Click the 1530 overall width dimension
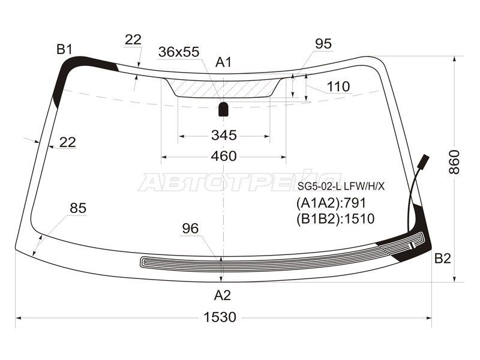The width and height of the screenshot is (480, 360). [220, 317]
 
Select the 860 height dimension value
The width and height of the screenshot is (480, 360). [454, 162]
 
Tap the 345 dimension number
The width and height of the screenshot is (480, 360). [224, 135]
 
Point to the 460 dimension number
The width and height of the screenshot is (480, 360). [224, 157]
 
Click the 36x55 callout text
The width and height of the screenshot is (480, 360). [179, 52]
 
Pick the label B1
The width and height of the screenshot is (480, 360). [64, 49]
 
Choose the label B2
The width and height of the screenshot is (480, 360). [443, 259]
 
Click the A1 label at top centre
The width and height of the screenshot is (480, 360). [223, 62]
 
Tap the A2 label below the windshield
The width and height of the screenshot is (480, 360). [222, 295]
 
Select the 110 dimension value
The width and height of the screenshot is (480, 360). [338, 86]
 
